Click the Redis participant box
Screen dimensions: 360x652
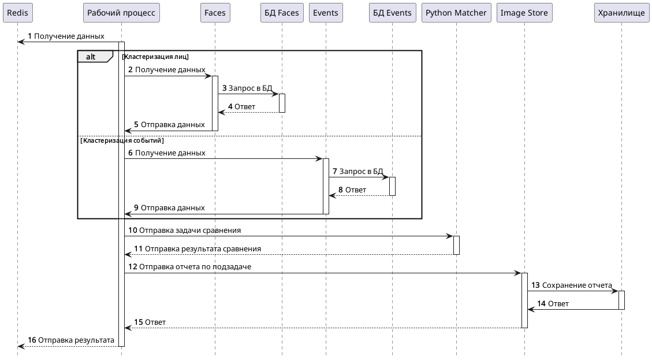pos(17,13)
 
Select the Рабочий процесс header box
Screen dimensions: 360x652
pos(121,13)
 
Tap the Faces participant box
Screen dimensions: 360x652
pos(215,13)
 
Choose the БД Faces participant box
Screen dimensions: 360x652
pos(281,13)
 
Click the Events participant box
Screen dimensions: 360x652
pos(326,13)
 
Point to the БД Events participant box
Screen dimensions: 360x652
pos(392,13)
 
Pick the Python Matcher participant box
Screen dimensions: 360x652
pos(456,13)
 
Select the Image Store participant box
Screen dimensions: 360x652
pos(524,13)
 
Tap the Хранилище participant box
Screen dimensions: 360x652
pos(621,13)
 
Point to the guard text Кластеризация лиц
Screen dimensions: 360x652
pos(155,57)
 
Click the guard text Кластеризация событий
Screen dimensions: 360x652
pos(122,140)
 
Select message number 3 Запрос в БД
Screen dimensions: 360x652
pos(247,88)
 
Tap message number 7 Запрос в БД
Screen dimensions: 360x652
pos(358,172)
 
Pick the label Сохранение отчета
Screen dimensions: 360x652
pos(576,285)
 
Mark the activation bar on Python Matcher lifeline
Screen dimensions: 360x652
pos(456,245)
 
